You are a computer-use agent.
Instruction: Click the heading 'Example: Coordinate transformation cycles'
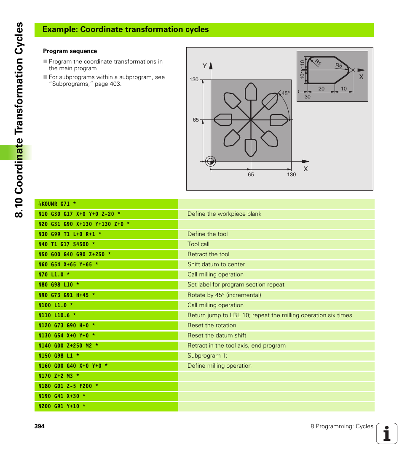[126, 29]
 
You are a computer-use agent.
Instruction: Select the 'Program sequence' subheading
[70, 51]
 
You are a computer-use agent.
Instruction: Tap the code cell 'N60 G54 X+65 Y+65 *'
[68, 265]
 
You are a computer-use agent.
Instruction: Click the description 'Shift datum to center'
[216, 265]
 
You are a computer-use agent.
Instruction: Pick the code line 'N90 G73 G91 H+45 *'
[67, 295]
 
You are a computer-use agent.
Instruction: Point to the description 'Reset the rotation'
[212, 326]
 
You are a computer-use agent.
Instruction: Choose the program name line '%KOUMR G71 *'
[57, 204]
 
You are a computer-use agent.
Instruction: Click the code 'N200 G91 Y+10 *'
[62, 406]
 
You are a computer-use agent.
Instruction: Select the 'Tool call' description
[198, 244]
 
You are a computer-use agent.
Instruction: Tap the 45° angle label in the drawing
[286, 93]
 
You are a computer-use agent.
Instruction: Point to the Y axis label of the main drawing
[205, 66]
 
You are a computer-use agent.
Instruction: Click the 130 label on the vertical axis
[194, 80]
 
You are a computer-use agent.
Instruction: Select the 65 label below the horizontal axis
[251, 175]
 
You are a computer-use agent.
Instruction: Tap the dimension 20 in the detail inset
[321, 89]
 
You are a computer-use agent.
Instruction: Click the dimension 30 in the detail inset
[307, 97]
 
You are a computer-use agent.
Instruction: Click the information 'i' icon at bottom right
[386, 433]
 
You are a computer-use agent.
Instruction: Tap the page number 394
[39, 427]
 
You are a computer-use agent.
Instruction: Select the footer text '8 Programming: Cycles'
[342, 427]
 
